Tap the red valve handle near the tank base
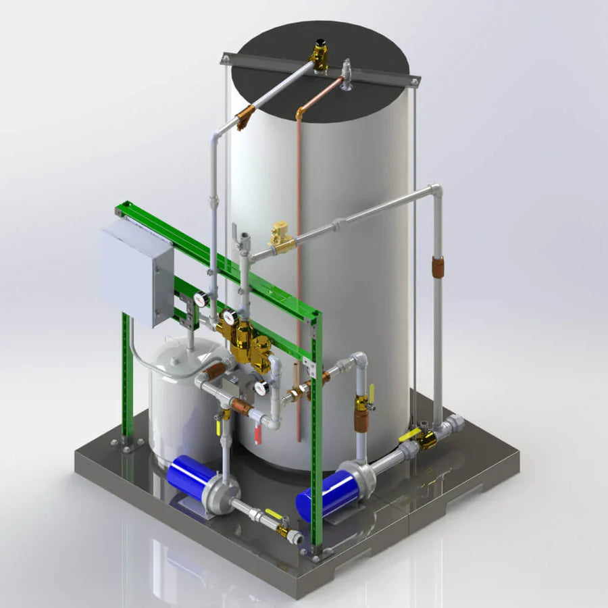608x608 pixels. (257, 433)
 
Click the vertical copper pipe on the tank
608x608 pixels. (298, 270)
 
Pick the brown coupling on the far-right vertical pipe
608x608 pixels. (438, 268)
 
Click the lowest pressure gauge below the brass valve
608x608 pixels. (261, 388)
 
